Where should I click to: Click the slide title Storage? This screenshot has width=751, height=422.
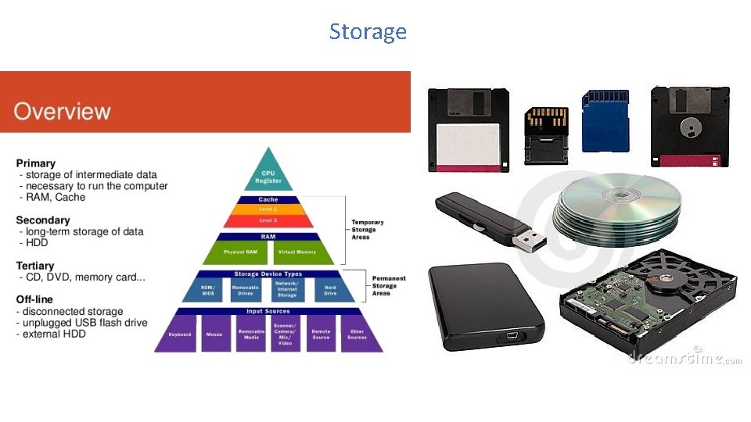pos(368,31)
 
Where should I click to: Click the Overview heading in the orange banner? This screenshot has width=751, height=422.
pos(62,111)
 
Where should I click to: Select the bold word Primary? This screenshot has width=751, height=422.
pos(36,163)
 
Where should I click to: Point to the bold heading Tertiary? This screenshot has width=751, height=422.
pos(35,266)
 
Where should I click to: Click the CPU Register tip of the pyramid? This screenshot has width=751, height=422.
pos(268,175)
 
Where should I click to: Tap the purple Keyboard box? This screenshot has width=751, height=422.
pos(180,334)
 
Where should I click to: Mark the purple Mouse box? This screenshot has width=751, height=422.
pos(214,334)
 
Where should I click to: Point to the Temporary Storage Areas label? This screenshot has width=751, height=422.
pos(368,230)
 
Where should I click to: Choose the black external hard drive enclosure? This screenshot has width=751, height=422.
pos(485,307)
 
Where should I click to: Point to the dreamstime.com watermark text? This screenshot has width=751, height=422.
pos(685,358)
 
